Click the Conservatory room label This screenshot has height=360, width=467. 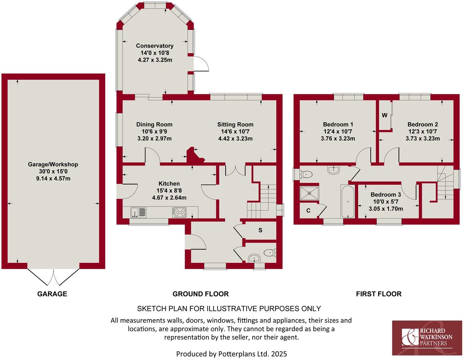155,46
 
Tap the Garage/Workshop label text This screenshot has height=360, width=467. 53,164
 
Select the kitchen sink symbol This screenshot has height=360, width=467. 138,212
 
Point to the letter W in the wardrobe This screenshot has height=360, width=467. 384,115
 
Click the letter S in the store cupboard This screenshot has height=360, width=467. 260,230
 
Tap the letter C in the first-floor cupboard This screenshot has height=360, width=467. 308,210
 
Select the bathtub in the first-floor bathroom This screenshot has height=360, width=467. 348,201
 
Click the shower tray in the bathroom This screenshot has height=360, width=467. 310,193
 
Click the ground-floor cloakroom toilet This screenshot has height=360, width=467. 271,253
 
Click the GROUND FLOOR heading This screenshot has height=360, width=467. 201,294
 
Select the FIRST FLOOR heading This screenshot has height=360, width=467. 379,294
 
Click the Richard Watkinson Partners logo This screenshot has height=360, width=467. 427,338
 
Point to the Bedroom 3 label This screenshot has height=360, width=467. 386,195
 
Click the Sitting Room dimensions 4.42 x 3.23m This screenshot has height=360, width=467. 235,139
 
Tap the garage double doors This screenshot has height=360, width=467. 53,277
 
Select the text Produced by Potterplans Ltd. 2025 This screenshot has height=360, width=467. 231,353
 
